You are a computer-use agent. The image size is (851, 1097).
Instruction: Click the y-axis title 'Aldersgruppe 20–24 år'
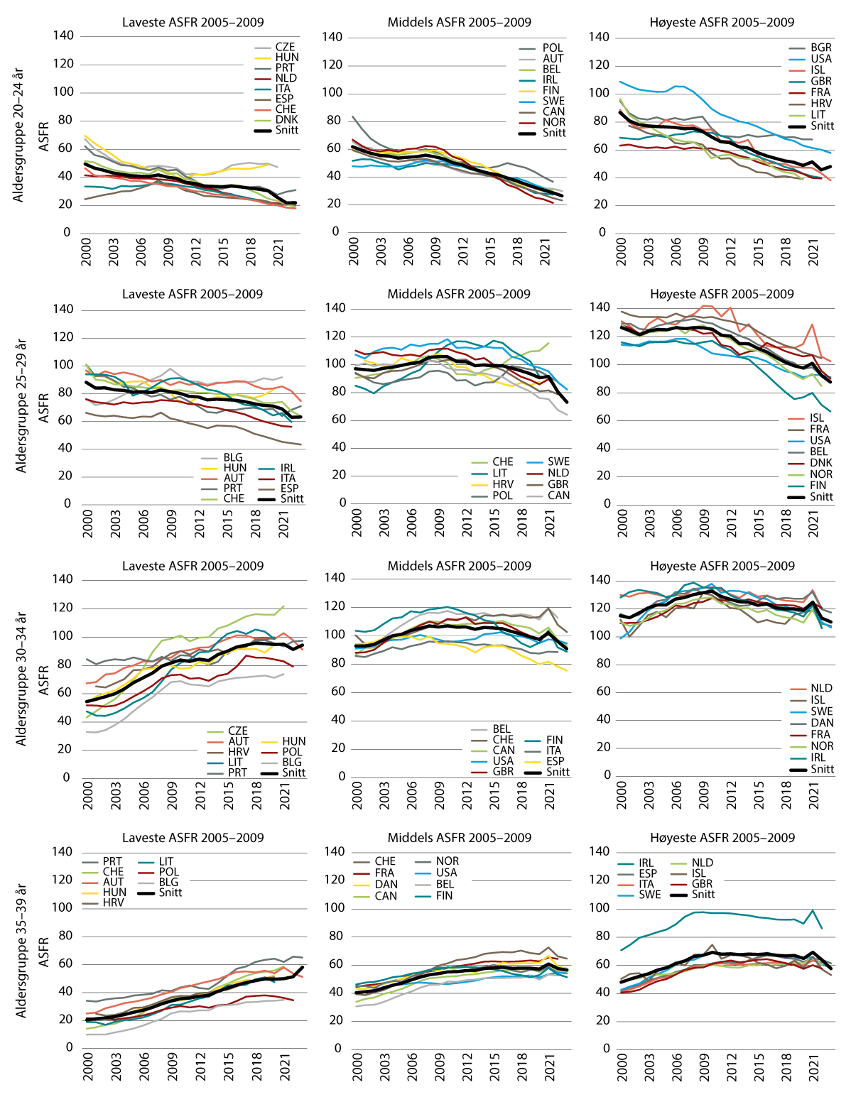[19, 135]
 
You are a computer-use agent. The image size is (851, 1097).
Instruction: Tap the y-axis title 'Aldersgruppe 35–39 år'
[21, 951]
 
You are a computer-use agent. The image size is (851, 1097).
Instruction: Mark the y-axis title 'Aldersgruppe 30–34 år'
[21, 678]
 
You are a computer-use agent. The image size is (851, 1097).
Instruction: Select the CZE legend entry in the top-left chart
[285, 47]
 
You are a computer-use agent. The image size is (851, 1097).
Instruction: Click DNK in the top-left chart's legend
[286, 119]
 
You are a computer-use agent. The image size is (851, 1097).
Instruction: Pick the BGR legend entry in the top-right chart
[820, 48]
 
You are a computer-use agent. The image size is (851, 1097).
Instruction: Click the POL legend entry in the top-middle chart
[552, 48]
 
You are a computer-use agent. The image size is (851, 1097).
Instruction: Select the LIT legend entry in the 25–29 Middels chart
[500, 473]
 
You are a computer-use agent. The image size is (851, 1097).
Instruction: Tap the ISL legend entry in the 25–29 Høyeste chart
[817, 418]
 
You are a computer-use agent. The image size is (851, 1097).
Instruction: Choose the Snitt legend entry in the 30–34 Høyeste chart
[822, 769]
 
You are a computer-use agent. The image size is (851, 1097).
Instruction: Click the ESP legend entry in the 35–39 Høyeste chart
[647, 873]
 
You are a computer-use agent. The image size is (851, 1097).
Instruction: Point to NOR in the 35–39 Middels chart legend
[448, 861]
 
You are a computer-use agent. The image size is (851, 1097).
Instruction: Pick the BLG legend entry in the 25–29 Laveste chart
[233, 457]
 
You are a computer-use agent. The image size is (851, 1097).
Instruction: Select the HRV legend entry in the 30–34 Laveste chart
[239, 752]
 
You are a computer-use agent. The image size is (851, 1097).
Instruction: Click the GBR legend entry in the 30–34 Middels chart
[503, 771]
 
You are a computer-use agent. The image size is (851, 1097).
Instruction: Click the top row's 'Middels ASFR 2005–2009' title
[459, 22]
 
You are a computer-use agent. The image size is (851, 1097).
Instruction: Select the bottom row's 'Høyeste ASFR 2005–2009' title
[722, 838]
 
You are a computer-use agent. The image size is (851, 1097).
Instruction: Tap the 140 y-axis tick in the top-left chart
[63, 36]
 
